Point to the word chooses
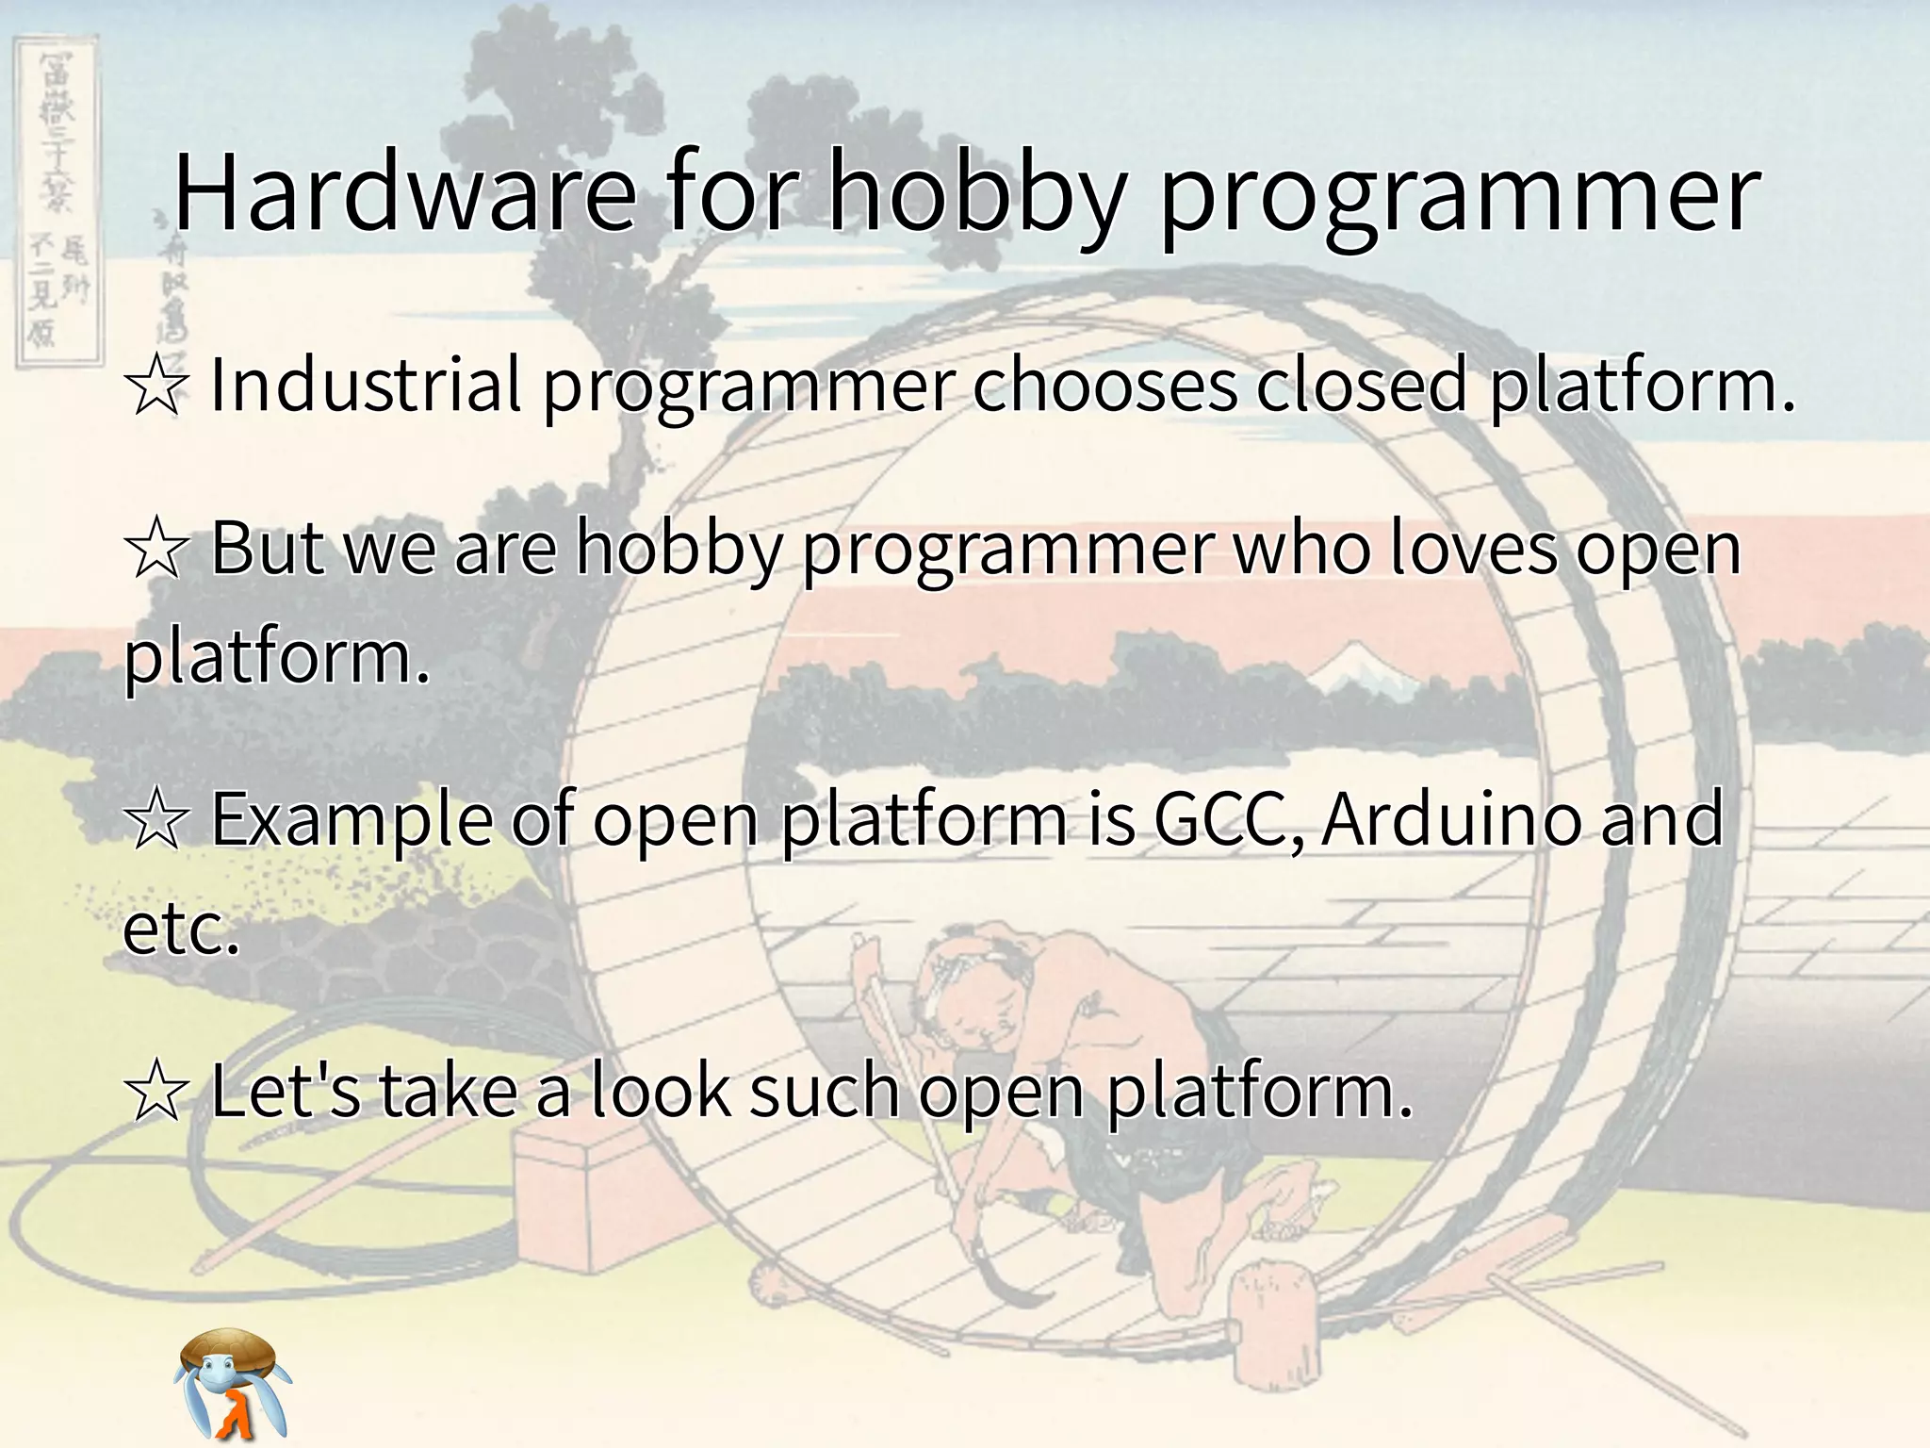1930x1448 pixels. [1104, 385]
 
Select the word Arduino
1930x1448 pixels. [1450, 818]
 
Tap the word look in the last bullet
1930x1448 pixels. [661, 1090]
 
